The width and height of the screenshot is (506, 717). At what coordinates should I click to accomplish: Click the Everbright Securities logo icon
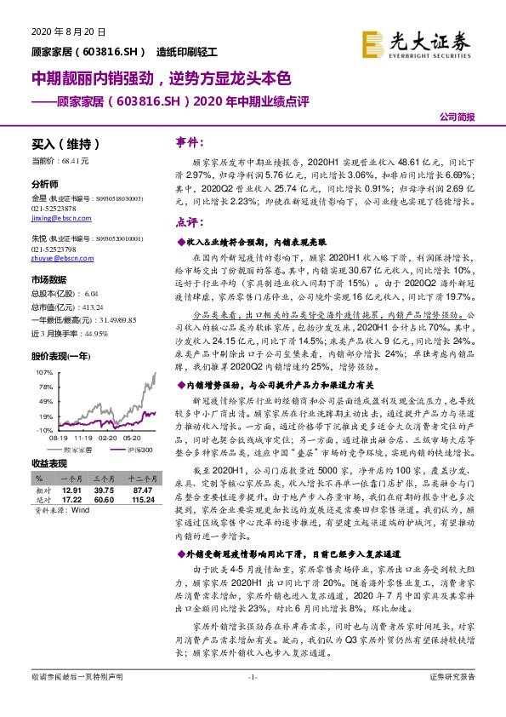[x=372, y=42]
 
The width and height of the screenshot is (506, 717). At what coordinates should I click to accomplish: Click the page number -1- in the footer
[x=253, y=700]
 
